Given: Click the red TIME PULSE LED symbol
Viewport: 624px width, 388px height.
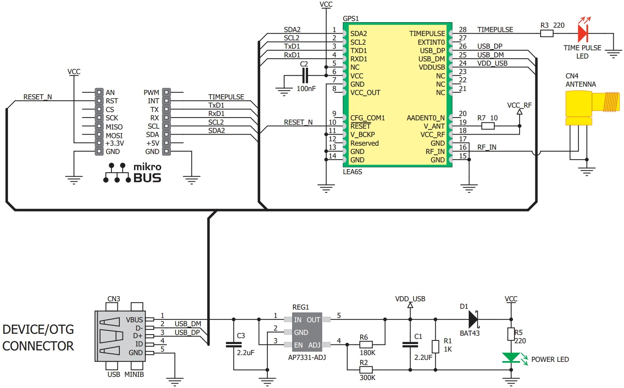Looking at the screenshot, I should (583, 33).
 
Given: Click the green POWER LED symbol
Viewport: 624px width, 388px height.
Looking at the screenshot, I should (511, 358).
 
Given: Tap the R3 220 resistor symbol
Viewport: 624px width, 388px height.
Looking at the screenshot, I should (546, 34).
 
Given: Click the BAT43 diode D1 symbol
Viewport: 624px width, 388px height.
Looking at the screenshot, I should (473, 319).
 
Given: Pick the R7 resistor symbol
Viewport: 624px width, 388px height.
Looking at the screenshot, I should (488, 126).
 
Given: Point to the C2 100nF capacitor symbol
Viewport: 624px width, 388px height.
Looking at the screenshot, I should (305, 75).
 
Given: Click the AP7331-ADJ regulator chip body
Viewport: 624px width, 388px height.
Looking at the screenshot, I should (307, 332).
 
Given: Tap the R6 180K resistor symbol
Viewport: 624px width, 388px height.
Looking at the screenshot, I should (366, 344).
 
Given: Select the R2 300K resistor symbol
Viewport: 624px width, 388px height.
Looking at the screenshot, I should (366, 370).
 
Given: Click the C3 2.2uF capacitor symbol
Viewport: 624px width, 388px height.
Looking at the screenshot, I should (234, 344).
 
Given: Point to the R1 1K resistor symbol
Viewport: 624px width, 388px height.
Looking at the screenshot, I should (435, 346).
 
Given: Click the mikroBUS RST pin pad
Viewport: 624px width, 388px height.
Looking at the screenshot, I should (99, 101).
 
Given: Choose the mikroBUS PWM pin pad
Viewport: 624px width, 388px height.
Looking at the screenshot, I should (166, 92).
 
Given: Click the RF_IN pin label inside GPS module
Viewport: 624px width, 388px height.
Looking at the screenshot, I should (435, 152).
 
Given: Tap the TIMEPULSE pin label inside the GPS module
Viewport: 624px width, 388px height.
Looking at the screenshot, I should (427, 34).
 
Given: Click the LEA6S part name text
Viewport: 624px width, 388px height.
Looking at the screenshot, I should (352, 172).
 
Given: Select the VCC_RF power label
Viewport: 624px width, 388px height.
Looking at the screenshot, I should (519, 105).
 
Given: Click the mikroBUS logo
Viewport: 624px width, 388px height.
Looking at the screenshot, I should (133, 173).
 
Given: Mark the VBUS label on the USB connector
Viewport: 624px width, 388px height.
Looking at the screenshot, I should (134, 320).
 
